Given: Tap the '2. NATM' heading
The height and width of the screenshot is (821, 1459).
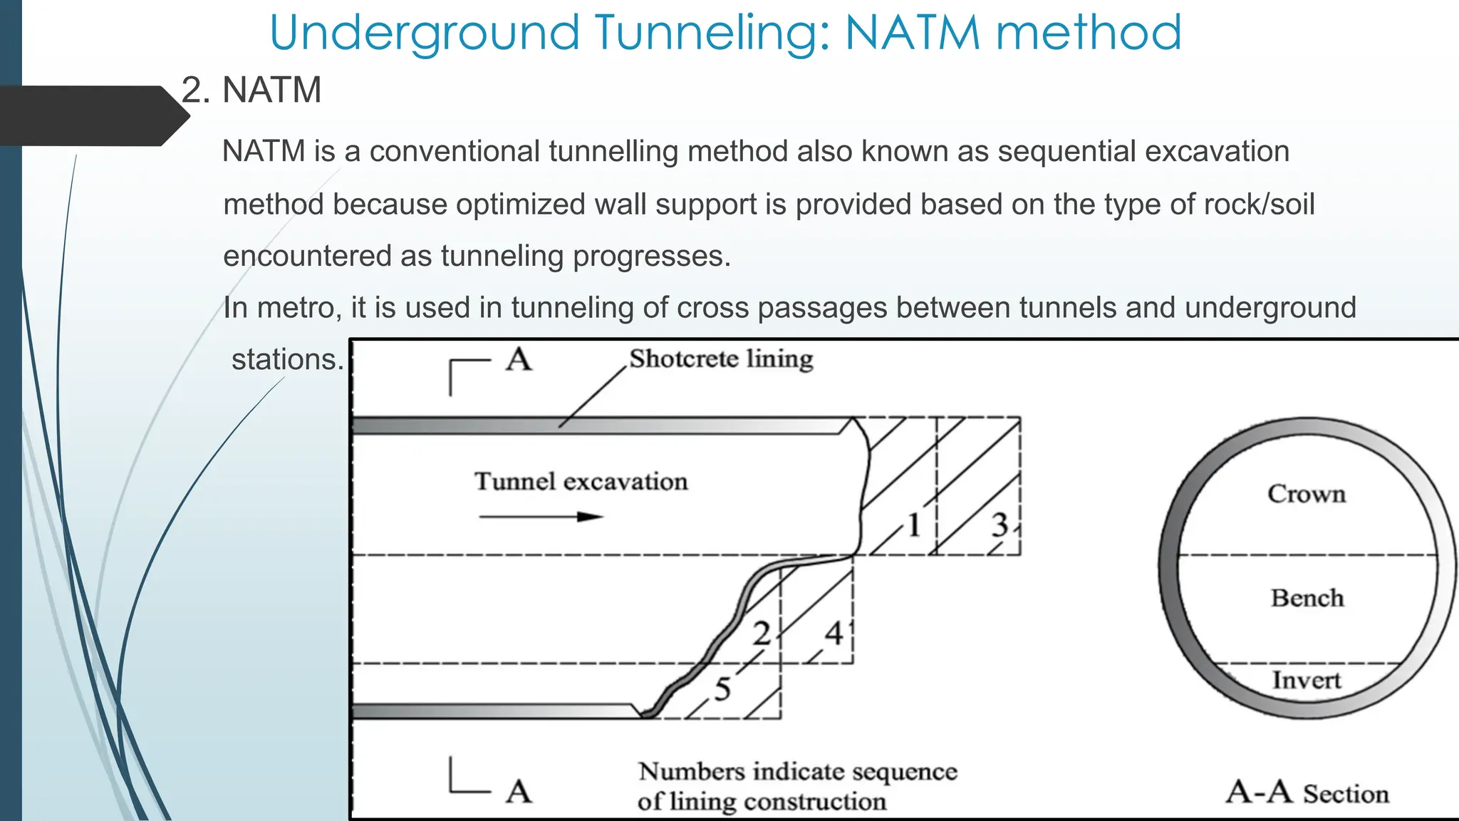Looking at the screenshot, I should [x=251, y=91].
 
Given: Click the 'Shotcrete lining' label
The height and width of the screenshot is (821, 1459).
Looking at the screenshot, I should [x=721, y=358].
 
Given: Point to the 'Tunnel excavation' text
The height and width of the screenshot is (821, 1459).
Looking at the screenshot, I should [x=581, y=482].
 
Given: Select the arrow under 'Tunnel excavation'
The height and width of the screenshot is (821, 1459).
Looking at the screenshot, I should [x=541, y=517].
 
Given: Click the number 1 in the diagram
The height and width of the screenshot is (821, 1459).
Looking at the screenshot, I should [x=913, y=525].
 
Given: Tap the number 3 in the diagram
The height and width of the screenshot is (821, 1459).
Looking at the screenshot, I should [x=1000, y=525].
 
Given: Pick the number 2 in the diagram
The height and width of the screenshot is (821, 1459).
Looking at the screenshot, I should [x=762, y=634].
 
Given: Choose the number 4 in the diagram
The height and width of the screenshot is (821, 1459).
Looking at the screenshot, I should [x=834, y=633].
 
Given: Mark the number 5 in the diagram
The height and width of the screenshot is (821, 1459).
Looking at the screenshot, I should [x=722, y=689].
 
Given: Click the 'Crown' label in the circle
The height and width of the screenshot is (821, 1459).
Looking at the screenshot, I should [x=1307, y=494].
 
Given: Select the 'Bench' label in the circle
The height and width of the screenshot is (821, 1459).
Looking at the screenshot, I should [x=1307, y=598].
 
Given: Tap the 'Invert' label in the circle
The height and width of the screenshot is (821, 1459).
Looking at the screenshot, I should [x=1307, y=681].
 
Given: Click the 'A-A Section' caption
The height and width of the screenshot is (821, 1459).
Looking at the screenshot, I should [x=1307, y=792].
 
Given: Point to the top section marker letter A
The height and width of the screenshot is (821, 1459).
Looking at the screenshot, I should [x=519, y=360].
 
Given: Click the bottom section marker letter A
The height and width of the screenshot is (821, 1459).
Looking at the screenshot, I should [x=519, y=791].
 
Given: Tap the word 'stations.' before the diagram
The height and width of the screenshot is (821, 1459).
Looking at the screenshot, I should [x=288, y=359].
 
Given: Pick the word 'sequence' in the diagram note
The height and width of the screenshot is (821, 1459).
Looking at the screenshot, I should [x=905, y=772].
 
